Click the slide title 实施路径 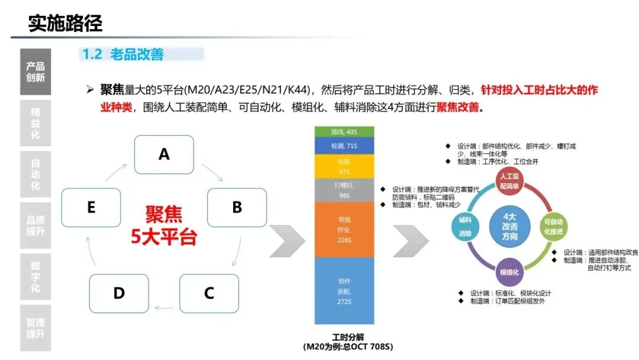coord(65,23)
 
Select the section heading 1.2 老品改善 coord(123,54)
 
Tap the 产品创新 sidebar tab coord(35,72)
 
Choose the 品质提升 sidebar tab coord(35,226)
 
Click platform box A coord(164,155)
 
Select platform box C coord(209,293)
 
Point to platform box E coord(91,207)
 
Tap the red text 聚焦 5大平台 coord(164,226)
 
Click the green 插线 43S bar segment coord(344,131)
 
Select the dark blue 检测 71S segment coord(344,145)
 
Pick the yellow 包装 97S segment coord(344,166)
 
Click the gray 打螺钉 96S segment coord(344,190)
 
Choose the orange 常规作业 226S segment coord(344,229)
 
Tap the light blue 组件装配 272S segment coord(344,290)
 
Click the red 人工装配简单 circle coord(509,181)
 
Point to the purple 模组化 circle coord(509,272)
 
